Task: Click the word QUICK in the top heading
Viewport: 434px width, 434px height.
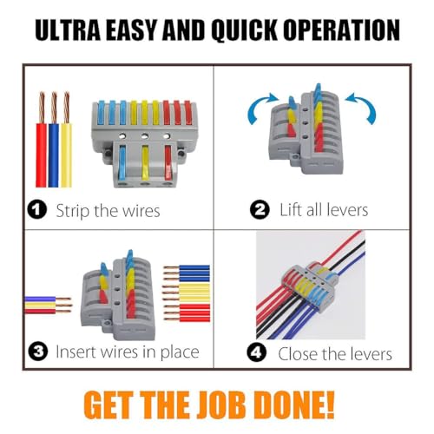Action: (244, 30)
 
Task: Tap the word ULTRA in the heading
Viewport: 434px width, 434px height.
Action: (68, 30)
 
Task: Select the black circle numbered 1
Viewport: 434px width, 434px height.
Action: (37, 209)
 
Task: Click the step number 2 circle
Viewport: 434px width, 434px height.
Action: (260, 209)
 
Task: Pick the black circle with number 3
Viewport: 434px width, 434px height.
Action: (38, 352)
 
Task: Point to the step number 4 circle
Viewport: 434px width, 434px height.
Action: (256, 352)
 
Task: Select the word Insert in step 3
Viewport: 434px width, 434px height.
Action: (74, 352)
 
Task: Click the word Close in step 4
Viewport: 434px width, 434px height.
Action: (298, 353)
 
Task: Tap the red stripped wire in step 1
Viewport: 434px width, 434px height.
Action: (42, 140)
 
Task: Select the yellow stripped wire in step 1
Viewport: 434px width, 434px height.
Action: (67, 140)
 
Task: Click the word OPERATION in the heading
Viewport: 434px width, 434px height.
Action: (342, 30)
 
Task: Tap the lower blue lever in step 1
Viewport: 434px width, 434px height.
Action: (122, 162)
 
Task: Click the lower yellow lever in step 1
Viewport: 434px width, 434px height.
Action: (145, 162)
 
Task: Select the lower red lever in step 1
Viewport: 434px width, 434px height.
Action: (168, 162)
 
